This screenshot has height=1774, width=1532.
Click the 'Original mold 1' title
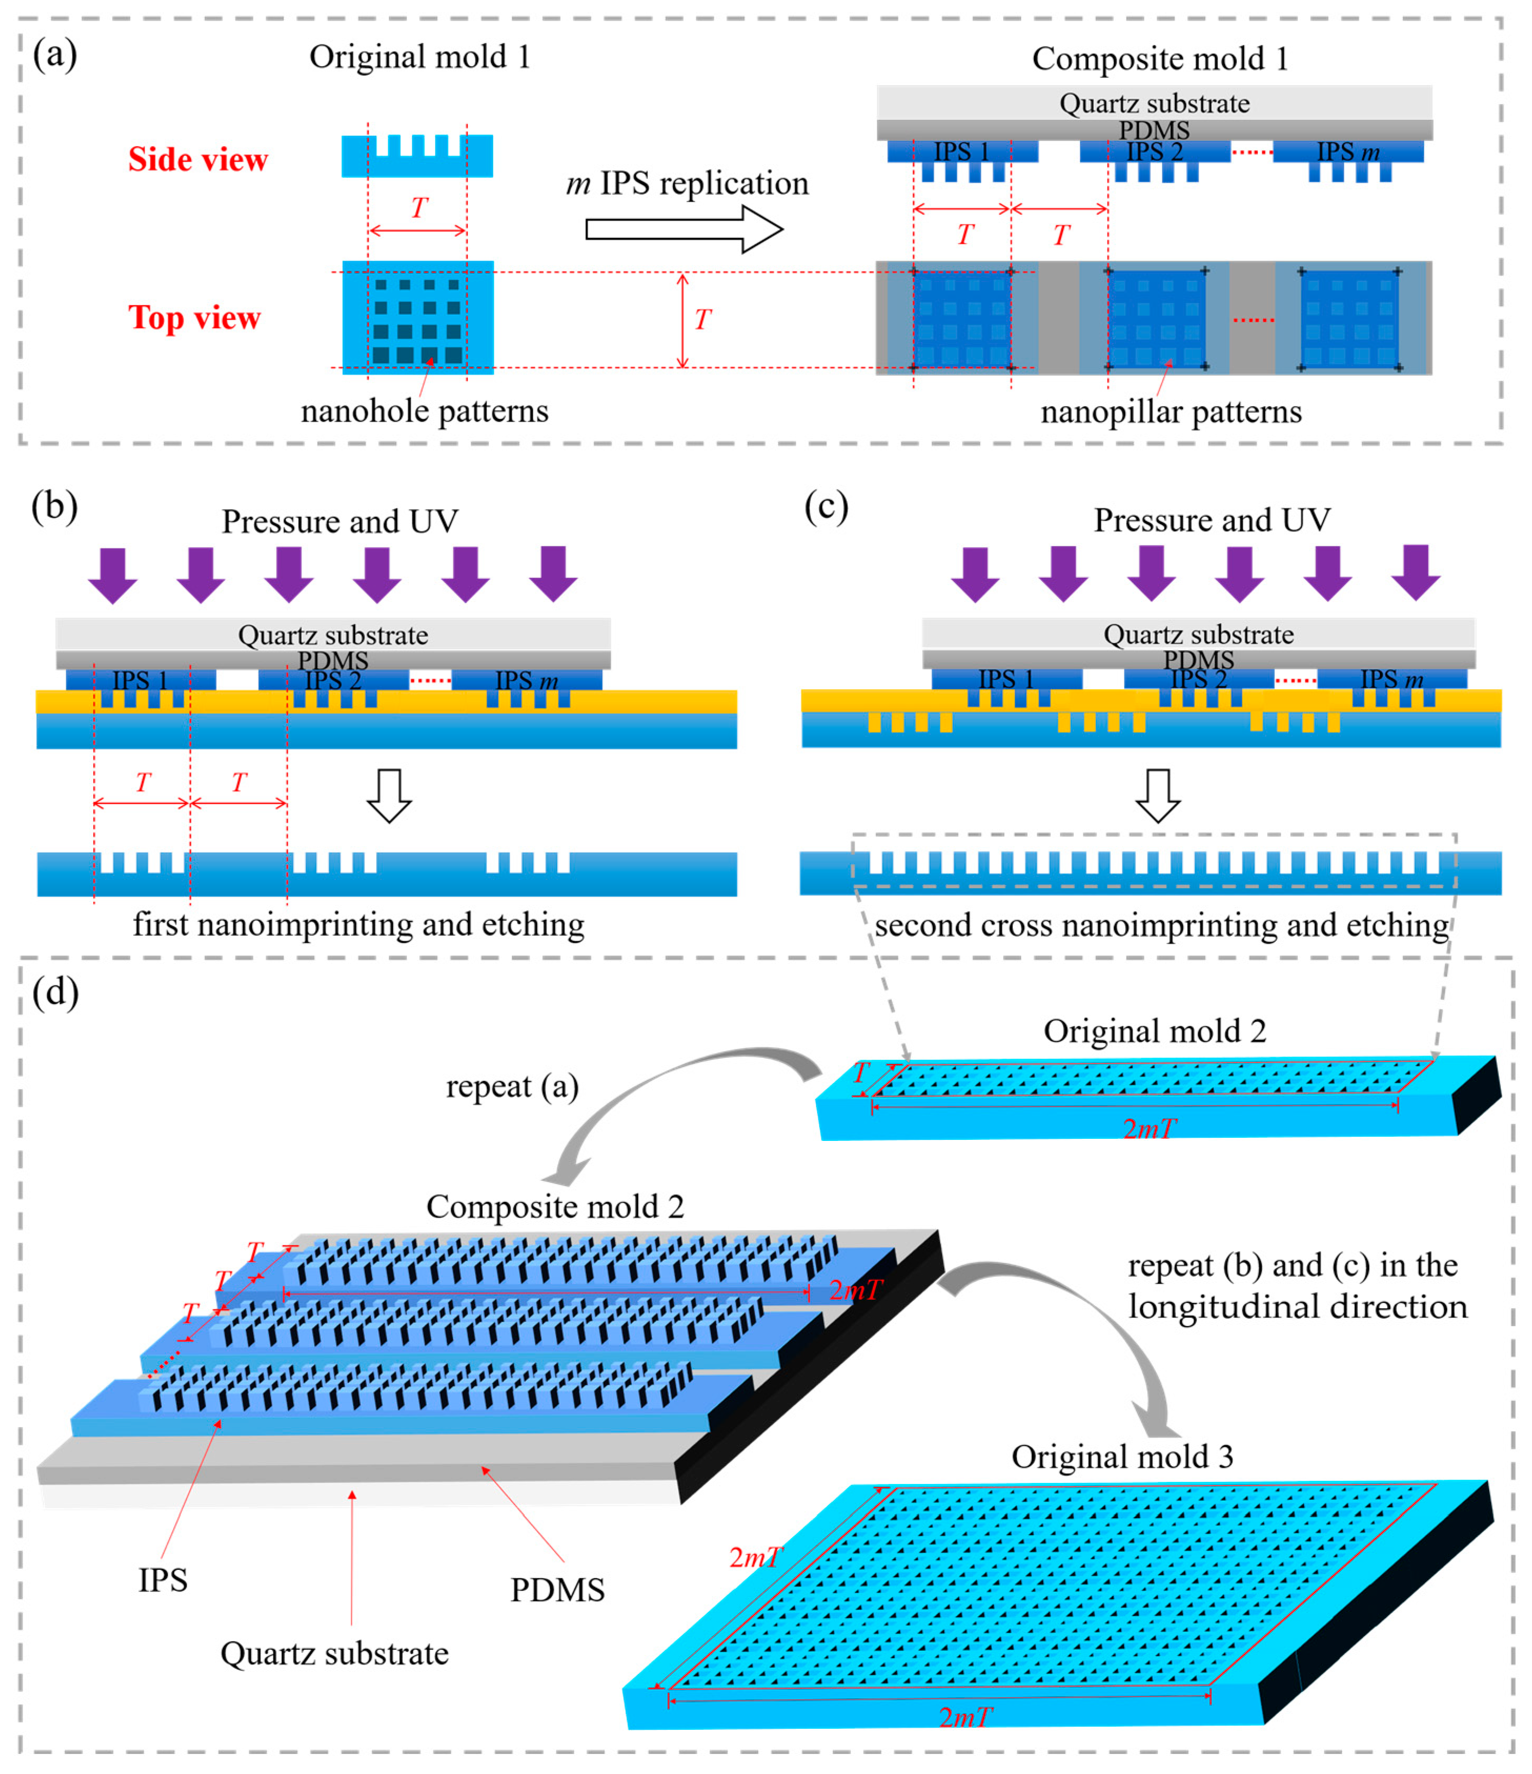[419, 57]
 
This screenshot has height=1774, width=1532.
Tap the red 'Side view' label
[198, 160]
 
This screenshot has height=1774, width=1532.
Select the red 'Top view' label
[194, 318]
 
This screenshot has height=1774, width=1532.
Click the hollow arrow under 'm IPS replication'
[683, 229]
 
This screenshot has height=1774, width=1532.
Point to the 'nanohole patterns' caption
[424, 411]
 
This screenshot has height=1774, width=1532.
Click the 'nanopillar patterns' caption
[1170, 412]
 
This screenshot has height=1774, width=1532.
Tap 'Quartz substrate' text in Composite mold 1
[1154, 104]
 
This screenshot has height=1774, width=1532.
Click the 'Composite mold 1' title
[1160, 59]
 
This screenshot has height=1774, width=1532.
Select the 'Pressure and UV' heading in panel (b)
[340, 522]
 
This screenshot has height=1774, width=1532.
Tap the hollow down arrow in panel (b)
[389, 795]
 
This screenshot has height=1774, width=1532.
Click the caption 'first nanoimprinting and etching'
[359, 925]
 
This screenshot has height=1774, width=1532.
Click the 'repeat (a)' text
[512, 1087]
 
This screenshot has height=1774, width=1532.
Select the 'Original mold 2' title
[1154, 1031]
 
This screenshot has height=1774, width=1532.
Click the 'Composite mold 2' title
[555, 1206]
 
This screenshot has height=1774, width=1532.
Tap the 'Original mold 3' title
[1122, 1456]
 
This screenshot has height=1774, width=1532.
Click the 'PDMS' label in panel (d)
[557, 1590]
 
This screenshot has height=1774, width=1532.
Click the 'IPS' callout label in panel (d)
[163, 1580]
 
